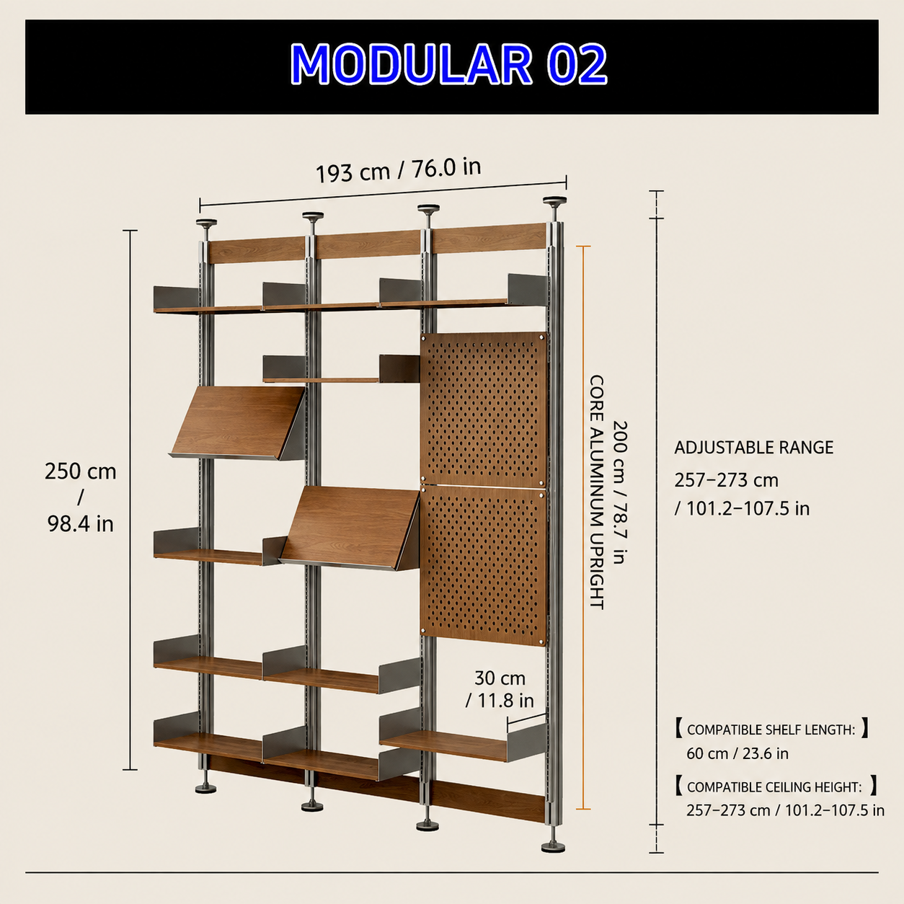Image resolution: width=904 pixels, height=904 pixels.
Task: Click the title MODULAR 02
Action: [x=448, y=64]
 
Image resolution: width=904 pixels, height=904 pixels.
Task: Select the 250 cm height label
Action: [x=81, y=471]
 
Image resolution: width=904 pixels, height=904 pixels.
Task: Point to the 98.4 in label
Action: [x=81, y=523]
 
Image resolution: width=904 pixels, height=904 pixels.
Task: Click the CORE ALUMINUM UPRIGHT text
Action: [x=595, y=492]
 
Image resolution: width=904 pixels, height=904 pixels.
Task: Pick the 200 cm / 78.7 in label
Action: [x=620, y=492]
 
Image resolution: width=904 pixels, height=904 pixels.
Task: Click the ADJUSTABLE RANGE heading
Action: [x=754, y=448]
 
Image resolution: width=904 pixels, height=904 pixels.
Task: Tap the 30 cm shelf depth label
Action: [x=500, y=678]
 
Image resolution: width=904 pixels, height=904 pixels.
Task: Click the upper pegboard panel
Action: [x=484, y=409]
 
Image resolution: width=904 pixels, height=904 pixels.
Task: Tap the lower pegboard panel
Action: [x=484, y=566]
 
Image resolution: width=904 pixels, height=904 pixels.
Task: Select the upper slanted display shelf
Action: [x=238, y=422]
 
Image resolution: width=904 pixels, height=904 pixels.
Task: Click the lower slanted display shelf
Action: [x=350, y=528]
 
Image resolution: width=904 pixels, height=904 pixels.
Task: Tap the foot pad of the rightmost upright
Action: [x=553, y=848]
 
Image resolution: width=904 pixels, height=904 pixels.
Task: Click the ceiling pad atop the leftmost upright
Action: [x=206, y=222]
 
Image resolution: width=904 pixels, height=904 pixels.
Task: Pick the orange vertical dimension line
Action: [x=583, y=527]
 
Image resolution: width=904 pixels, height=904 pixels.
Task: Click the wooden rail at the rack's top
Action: [x=378, y=243]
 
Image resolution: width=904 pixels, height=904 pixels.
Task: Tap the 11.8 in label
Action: [x=500, y=701]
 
